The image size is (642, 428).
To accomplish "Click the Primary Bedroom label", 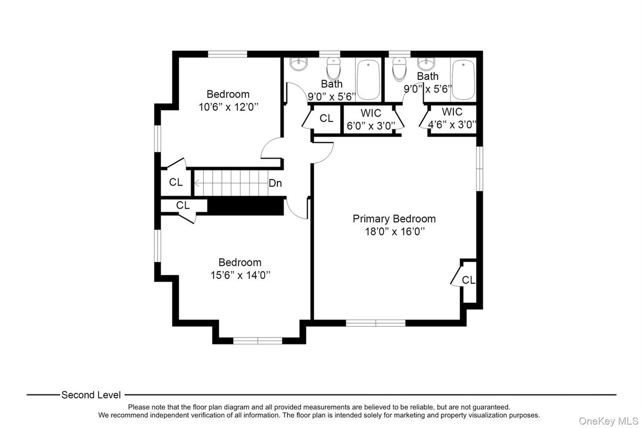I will [x=394, y=219].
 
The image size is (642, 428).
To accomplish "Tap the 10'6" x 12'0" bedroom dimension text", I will [x=228, y=106].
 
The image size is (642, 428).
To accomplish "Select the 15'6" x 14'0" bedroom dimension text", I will [x=241, y=275].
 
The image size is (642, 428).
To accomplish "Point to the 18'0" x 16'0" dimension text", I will [x=394, y=232].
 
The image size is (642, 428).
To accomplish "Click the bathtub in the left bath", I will [x=368, y=80].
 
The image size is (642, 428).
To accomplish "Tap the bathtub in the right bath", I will [x=463, y=80].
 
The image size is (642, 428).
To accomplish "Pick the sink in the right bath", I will [x=425, y=64].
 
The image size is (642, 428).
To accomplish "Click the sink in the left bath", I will [x=298, y=64].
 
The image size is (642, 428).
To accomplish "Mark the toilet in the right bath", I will [x=399, y=68].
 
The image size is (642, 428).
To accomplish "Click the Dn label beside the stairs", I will [x=275, y=184].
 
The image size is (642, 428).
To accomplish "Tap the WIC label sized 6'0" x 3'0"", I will [x=371, y=113].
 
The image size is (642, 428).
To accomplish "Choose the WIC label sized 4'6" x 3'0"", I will [x=452, y=112].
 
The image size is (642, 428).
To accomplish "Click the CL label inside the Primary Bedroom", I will [x=468, y=280].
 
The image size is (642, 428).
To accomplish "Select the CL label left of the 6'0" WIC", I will [x=326, y=119].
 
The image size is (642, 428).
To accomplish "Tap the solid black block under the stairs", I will [x=245, y=206].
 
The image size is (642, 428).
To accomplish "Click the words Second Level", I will [x=91, y=395].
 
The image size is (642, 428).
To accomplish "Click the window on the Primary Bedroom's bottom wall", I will [x=376, y=323].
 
